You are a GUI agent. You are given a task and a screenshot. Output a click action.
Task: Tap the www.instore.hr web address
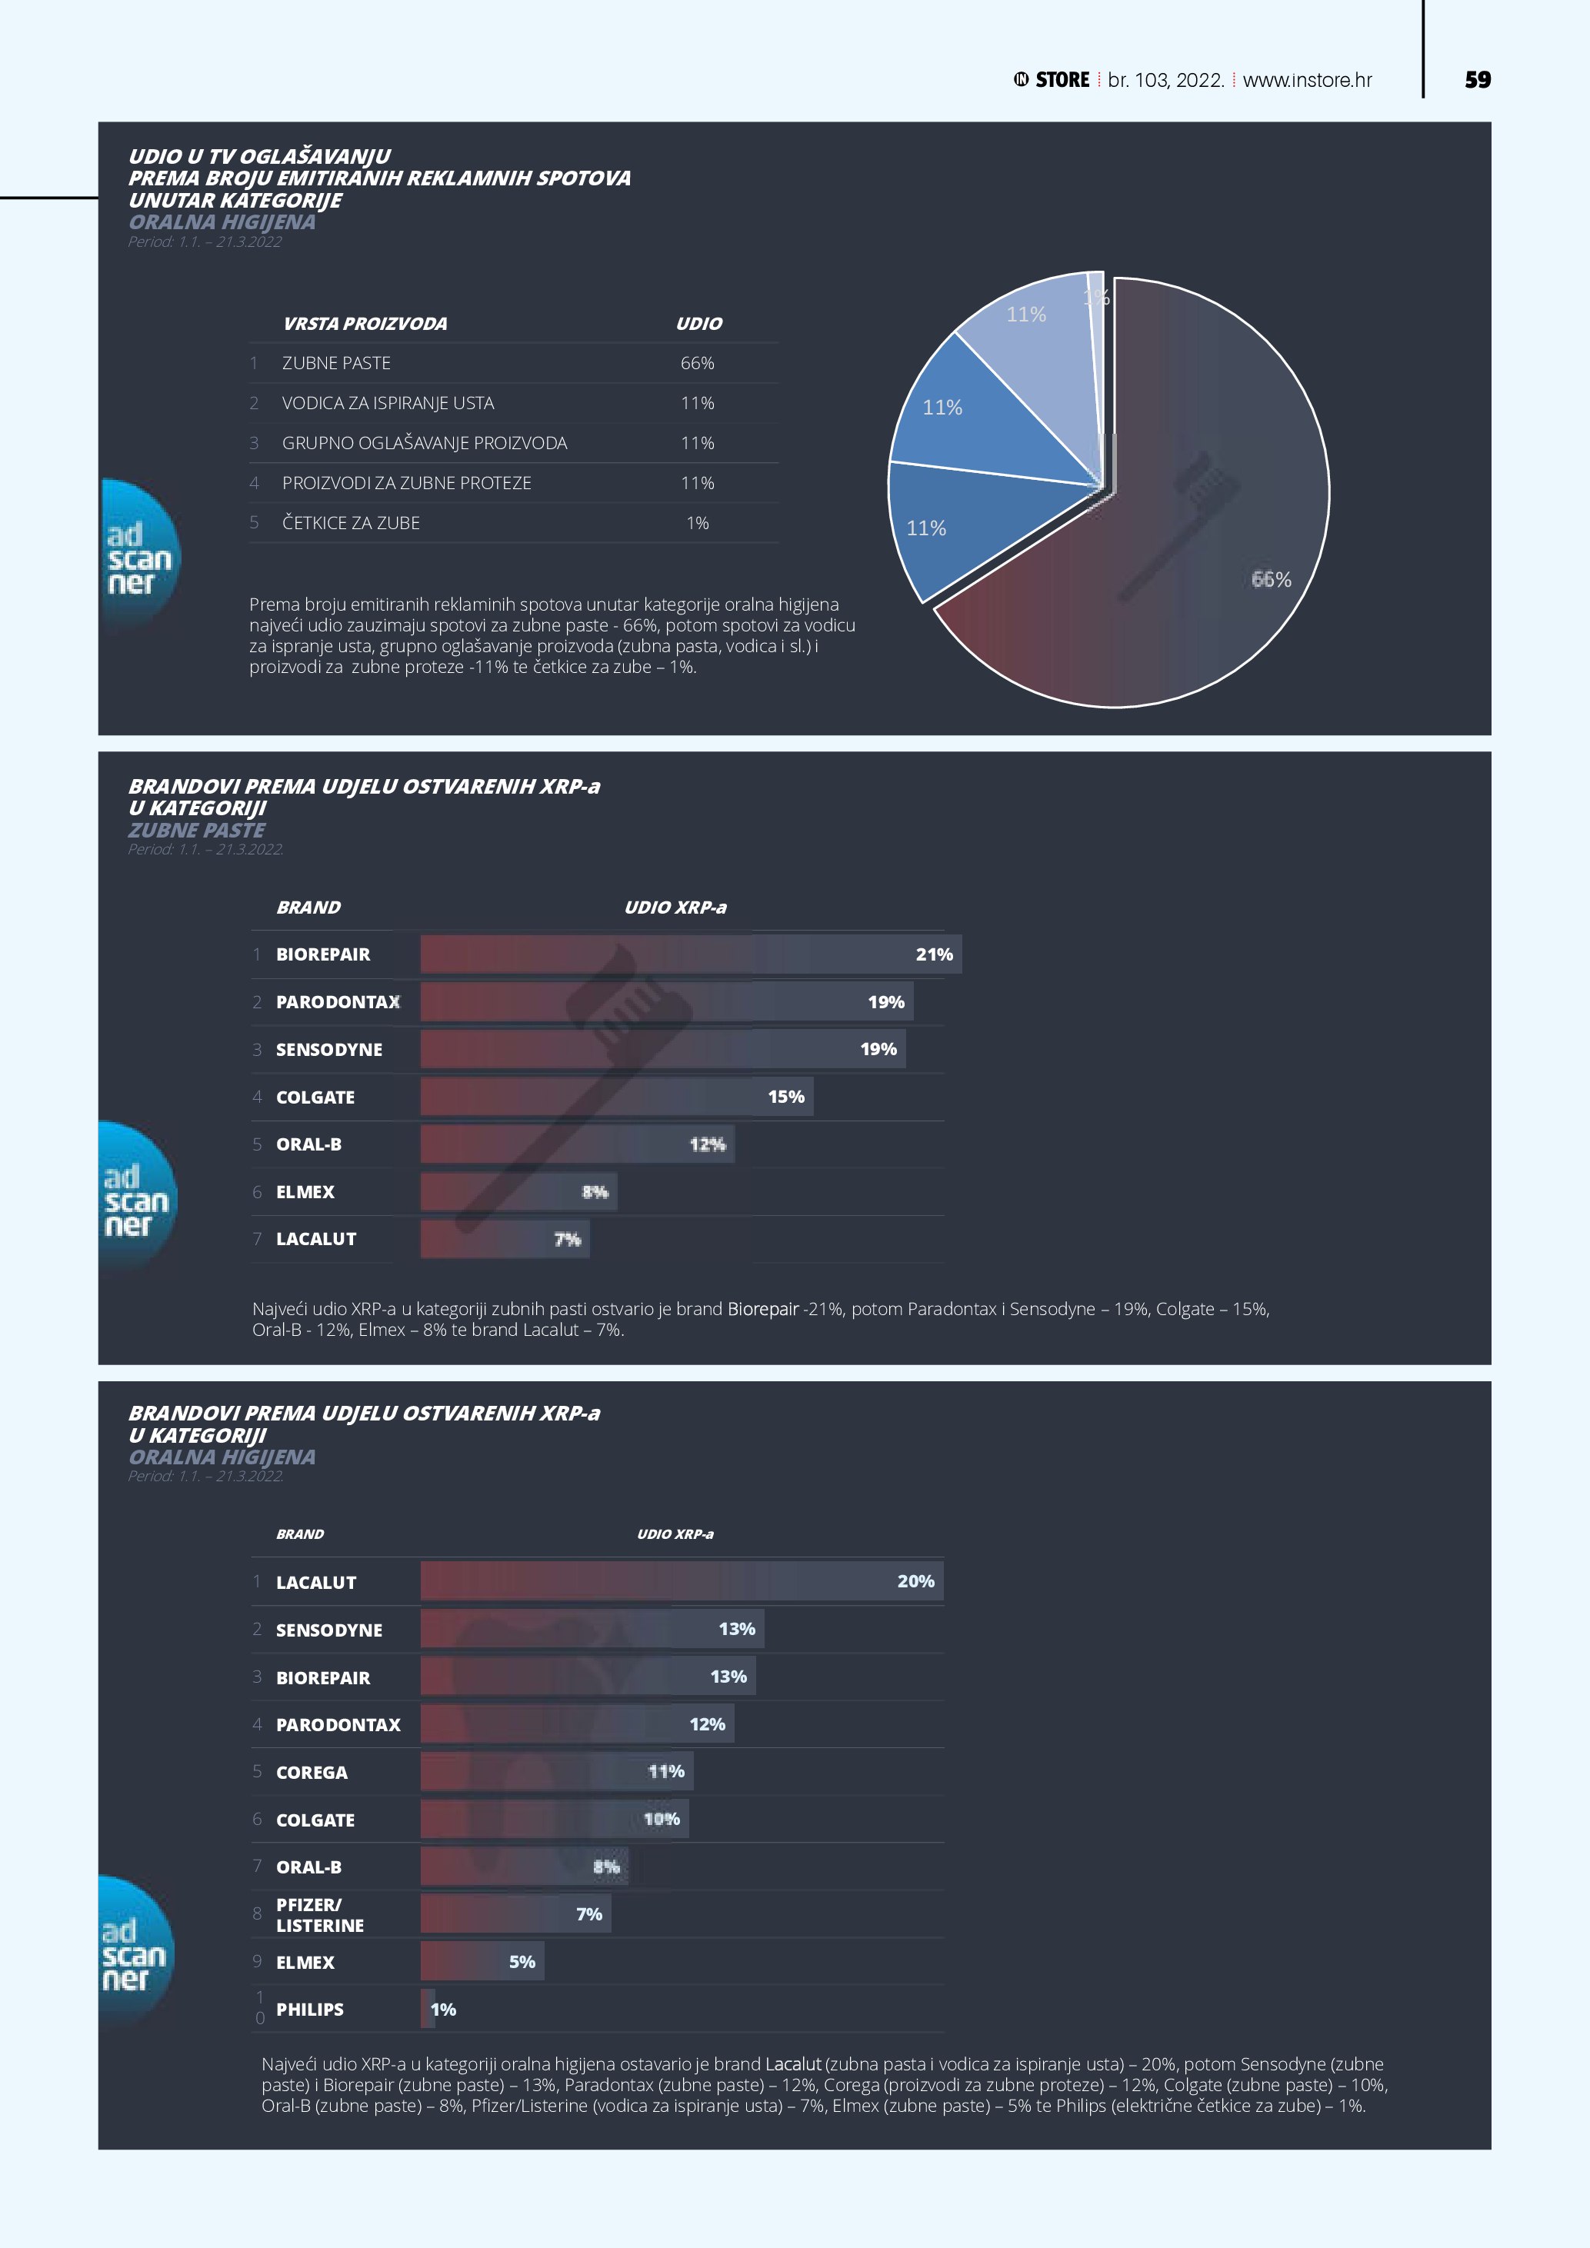click(x=1307, y=80)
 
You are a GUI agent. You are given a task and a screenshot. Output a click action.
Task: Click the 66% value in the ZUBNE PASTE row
click(x=697, y=363)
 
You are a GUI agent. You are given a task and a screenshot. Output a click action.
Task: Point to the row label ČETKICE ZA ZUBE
click(x=351, y=523)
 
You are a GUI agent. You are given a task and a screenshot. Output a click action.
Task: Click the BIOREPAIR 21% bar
click(x=690, y=954)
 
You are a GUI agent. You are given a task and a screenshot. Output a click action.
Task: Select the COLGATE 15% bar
click(x=616, y=1097)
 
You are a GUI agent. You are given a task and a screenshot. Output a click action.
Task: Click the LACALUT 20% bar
click(x=682, y=1581)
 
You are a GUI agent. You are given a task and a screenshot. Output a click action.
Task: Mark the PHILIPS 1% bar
click(x=428, y=2009)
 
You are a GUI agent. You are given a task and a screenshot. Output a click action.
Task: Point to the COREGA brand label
click(x=312, y=1772)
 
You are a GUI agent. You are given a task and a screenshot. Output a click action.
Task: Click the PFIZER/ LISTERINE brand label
click(x=319, y=1914)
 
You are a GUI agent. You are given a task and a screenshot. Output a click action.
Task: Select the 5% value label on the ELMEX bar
click(x=522, y=1962)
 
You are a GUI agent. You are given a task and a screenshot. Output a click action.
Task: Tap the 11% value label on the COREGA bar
click(x=665, y=1771)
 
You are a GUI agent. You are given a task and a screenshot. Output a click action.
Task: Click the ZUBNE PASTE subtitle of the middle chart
click(x=197, y=831)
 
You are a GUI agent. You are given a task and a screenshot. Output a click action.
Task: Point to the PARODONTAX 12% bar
click(x=577, y=1724)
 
